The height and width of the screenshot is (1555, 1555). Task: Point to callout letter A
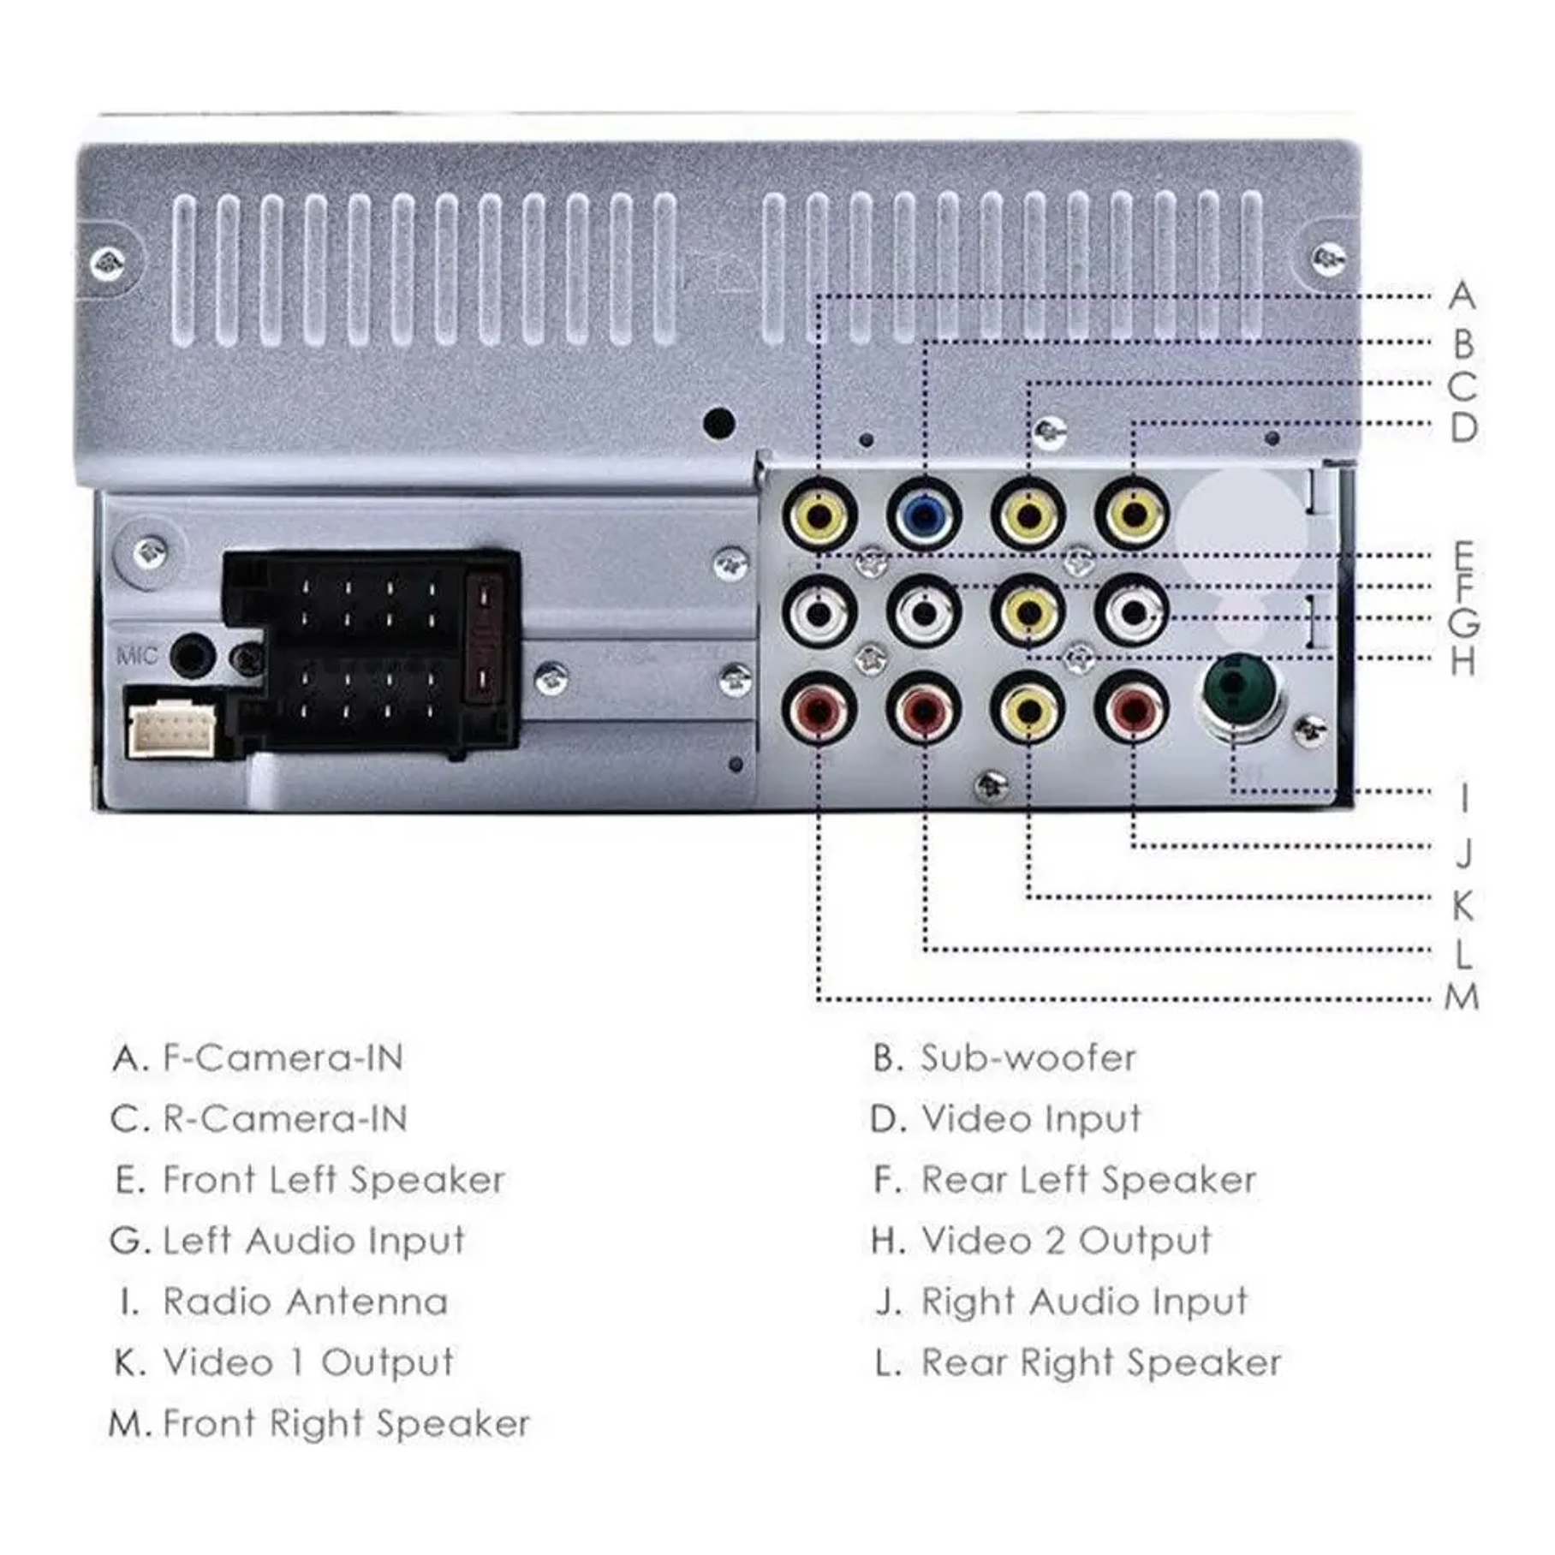1463,296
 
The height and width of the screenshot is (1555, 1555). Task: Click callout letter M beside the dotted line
1462,998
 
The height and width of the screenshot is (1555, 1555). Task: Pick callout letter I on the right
1463,797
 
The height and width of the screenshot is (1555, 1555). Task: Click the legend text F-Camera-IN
283,1058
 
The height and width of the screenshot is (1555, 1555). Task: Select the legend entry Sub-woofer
1028,1058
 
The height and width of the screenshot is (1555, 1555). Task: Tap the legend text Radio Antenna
305,1302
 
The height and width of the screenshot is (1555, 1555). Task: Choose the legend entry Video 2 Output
1066,1241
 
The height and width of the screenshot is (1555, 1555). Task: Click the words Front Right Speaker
346,1424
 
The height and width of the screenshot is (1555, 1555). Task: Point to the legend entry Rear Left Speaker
1087,1180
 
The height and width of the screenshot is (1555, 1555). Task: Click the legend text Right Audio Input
1083,1302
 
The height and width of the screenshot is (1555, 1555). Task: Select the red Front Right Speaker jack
819,709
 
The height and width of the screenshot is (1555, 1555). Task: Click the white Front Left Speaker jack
819,612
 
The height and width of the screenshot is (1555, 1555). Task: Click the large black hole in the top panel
718,422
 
